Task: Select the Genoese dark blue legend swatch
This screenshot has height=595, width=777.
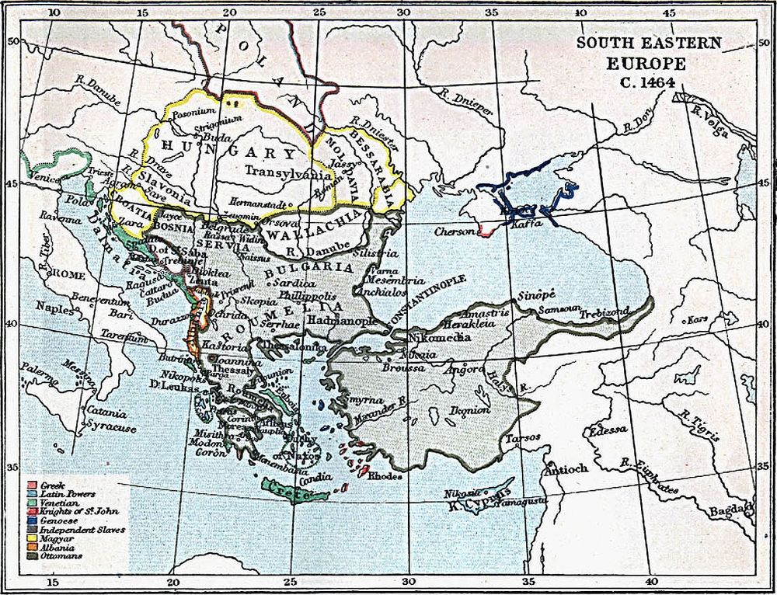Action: [27, 521]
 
